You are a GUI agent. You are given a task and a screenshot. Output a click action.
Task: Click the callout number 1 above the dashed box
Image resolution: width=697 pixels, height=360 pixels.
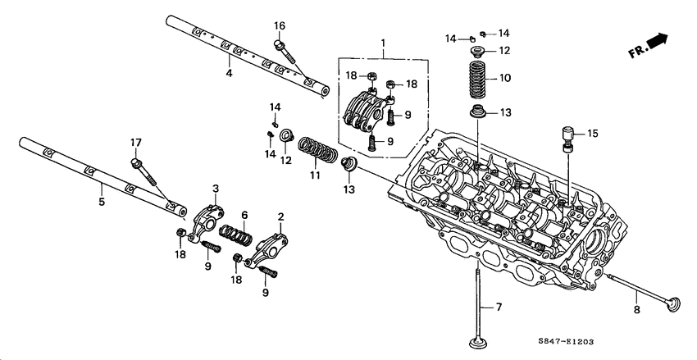click(381, 43)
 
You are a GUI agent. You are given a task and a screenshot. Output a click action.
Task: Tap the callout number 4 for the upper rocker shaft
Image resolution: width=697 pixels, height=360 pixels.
click(229, 74)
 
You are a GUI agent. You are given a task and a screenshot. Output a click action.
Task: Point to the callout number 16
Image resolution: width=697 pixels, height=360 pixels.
click(280, 25)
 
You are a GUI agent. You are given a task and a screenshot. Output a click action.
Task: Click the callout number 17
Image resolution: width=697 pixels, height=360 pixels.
click(137, 143)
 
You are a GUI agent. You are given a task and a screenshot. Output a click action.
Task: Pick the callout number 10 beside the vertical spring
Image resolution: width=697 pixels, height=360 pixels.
click(505, 79)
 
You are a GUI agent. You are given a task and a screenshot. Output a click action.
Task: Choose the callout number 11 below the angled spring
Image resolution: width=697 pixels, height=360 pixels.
click(313, 175)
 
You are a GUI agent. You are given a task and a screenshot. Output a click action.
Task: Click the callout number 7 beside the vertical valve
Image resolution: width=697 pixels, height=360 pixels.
click(497, 308)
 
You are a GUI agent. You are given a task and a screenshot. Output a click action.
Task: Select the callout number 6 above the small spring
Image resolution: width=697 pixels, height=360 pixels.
click(244, 215)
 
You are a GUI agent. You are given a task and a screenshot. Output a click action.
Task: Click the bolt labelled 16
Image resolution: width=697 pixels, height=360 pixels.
click(286, 52)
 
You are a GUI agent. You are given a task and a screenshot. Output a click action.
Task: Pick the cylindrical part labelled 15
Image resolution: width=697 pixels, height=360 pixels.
click(567, 137)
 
